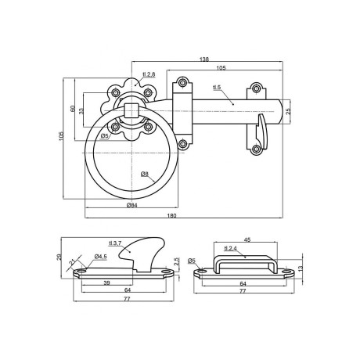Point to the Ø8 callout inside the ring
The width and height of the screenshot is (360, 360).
[x=146, y=174]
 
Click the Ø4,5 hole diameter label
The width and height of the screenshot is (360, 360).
[x=100, y=256]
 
